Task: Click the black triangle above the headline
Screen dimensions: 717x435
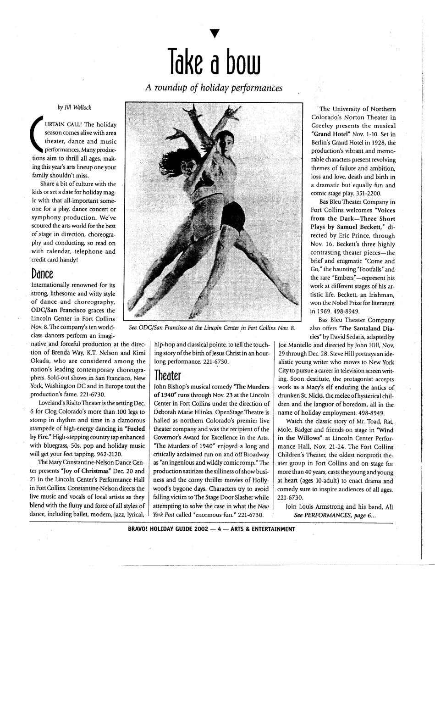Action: (x=212, y=33)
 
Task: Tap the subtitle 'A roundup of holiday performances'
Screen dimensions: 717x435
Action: (x=214, y=87)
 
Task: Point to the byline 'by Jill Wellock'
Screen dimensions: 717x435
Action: (x=74, y=107)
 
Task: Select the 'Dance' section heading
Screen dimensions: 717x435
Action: (x=42, y=274)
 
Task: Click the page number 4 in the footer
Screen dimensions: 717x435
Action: (x=220, y=529)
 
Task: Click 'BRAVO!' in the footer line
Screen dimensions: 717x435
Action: (x=139, y=529)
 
